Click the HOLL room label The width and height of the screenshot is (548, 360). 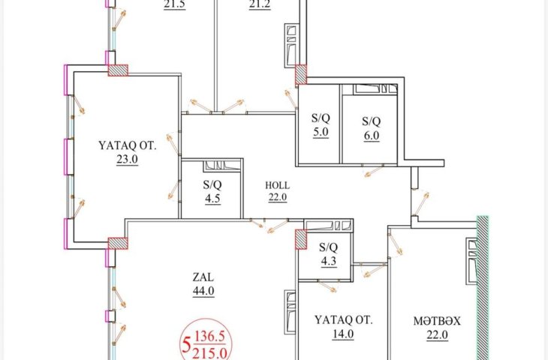click(277, 185)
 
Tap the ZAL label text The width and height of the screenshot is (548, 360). click(203, 277)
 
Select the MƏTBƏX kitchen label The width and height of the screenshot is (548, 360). click(437, 321)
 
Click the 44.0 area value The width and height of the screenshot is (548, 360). click(203, 291)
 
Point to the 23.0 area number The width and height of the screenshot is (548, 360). click(127, 159)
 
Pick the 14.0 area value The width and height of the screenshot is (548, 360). click(343, 334)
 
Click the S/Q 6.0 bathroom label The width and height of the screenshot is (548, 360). click(371, 128)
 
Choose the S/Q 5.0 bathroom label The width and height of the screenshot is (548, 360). click(321, 125)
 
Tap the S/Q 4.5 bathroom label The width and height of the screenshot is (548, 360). click(212, 191)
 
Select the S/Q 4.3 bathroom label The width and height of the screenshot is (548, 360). click(329, 254)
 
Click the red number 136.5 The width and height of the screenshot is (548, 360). click(209, 337)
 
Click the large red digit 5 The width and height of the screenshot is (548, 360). click(186, 345)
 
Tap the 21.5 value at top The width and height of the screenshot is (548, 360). click(174, 5)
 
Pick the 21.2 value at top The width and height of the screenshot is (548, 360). click(260, 5)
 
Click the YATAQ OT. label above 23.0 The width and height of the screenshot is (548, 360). click(127, 145)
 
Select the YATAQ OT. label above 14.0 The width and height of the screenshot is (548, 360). click(343, 319)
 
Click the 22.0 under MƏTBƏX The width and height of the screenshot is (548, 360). click(437, 334)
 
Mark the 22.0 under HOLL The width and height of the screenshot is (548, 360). click(278, 197)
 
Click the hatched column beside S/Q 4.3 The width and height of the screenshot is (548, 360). click(301, 239)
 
